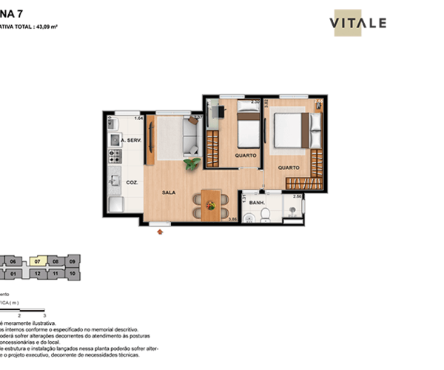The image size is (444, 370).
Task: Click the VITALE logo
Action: pos(357,22)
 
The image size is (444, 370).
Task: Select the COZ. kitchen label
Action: pos(133,181)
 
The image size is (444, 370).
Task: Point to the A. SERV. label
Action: pos(132,141)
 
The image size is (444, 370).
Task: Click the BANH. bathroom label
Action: pos(258,202)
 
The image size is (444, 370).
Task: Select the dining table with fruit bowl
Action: pos(211,203)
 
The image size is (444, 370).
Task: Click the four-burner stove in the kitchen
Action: pos(115,156)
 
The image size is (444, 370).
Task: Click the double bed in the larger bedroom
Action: pos(289,129)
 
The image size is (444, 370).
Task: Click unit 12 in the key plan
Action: pos(38,273)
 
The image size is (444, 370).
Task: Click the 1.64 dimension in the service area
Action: pos(138,118)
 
